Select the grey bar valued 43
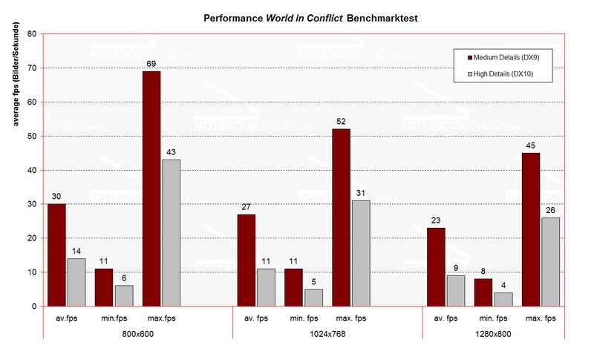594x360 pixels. pos(171,233)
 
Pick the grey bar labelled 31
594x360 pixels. pos(360,253)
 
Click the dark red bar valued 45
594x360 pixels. pos(531,229)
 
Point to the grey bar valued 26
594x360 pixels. pos(550,262)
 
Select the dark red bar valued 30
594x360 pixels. pos(56,255)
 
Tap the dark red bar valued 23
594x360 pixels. pos(436,267)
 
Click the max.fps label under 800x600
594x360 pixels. pos(161,319)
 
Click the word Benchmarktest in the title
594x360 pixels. pos(352,16)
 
